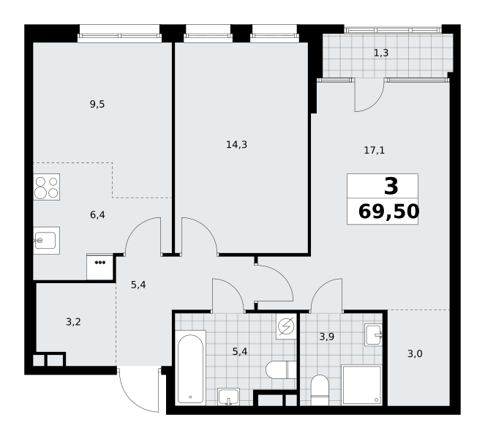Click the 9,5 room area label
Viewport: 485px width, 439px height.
pyautogui.click(x=97, y=104)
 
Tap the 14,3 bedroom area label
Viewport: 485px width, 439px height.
pyautogui.click(x=236, y=144)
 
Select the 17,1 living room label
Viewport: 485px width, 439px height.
pyautogui.click(x=375, y=150)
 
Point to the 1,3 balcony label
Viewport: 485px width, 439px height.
pyautogui.click(x=381, y=53)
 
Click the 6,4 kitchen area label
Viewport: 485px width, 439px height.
pyautogui.click(x=97, y=214)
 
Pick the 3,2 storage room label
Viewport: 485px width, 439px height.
pyautogui.click(x=73, y=322)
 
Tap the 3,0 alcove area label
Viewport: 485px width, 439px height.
pyautogui.click(x=415, y=353)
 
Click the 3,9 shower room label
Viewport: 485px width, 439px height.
pyautogui.click(x=327, y=337)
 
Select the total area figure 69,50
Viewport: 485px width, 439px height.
pyautogui.click(x=388, y=211)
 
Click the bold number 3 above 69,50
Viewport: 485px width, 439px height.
pyautogui.click(x=391, y=187)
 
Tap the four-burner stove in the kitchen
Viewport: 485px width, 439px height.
pyautogui.click(x=46, y=187)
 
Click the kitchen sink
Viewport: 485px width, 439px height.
pyautogui.click(x=46, y=241)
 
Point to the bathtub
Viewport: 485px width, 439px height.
pyautogui.click(x=190, y=368)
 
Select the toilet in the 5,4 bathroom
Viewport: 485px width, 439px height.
pyautogui.click(x=281, y=369)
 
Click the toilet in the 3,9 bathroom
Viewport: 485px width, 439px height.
pyautogui.click(x=320, y=391)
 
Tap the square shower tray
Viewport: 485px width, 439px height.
pyautogui.click(x=361, y=385)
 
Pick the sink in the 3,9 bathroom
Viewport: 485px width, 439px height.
pyautogui.click(x=374, y=335)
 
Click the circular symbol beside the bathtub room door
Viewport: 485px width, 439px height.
pyautogui.click(x=286, y=327)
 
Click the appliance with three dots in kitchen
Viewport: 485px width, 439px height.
pyautogui.click(x=100, y=266)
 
